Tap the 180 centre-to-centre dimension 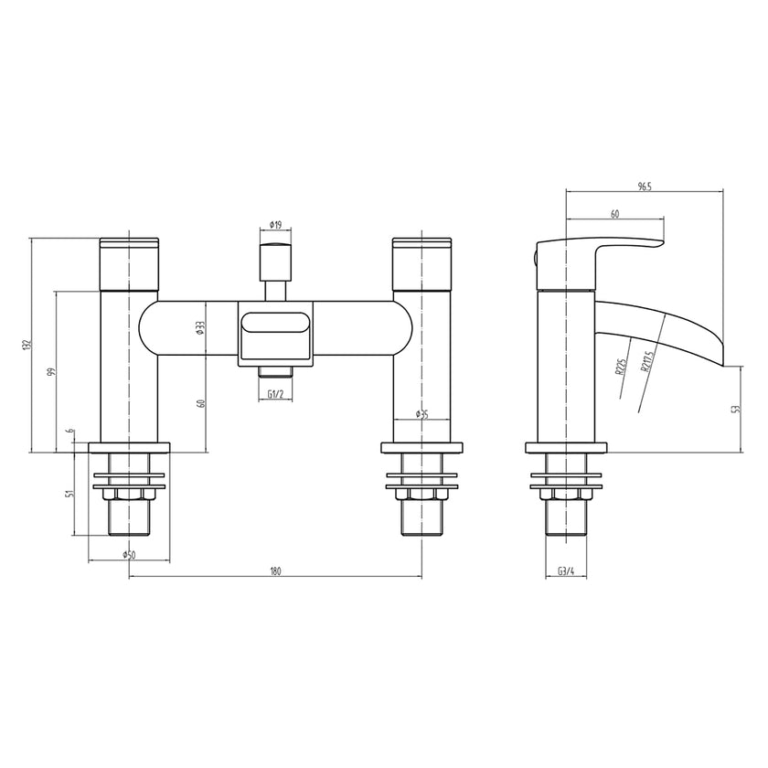pyautogui.click(x=275, y=571)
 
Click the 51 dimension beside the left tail pyautogui.click(x=70, y=495)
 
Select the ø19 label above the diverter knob pyautogui.click(x=275, y=224)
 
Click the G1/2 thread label pyautogui.click(x=275, y=394)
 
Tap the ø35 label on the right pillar pyautogui.click(x=422, y=414)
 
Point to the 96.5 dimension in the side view pyautogui.click(x=644, y=187)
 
